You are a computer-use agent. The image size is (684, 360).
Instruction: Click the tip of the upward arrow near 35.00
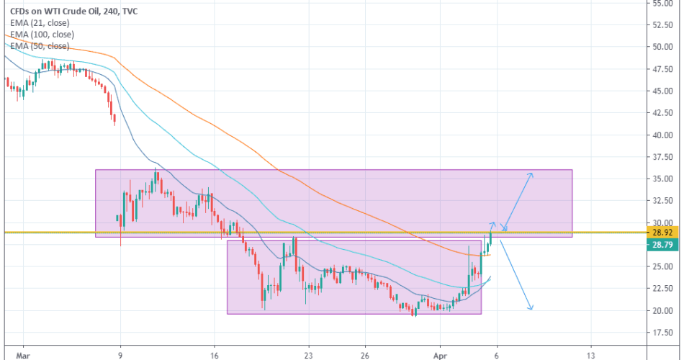click(x=532, y=174)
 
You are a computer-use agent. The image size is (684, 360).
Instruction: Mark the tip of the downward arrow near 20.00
click(x=531, y=310)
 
